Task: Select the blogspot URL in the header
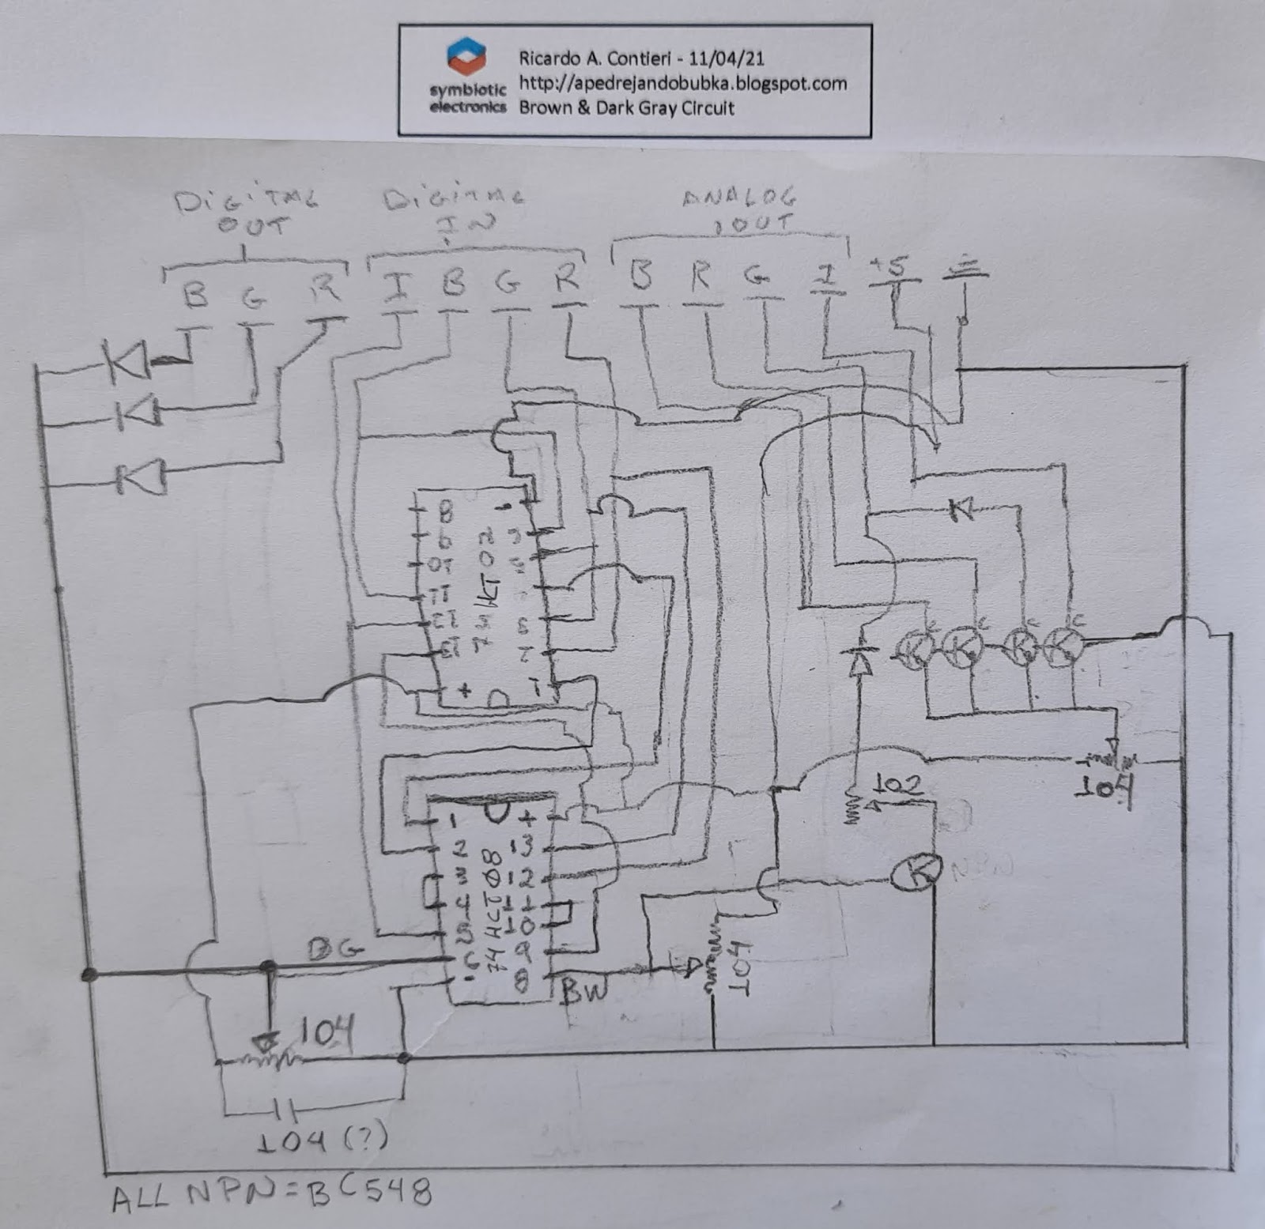point(682,83)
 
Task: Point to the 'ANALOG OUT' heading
point(740,209)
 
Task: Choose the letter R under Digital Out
point(325,288)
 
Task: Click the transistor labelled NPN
point(917,871)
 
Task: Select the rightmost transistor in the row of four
point(1062,647)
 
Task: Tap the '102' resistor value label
point(898,785)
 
